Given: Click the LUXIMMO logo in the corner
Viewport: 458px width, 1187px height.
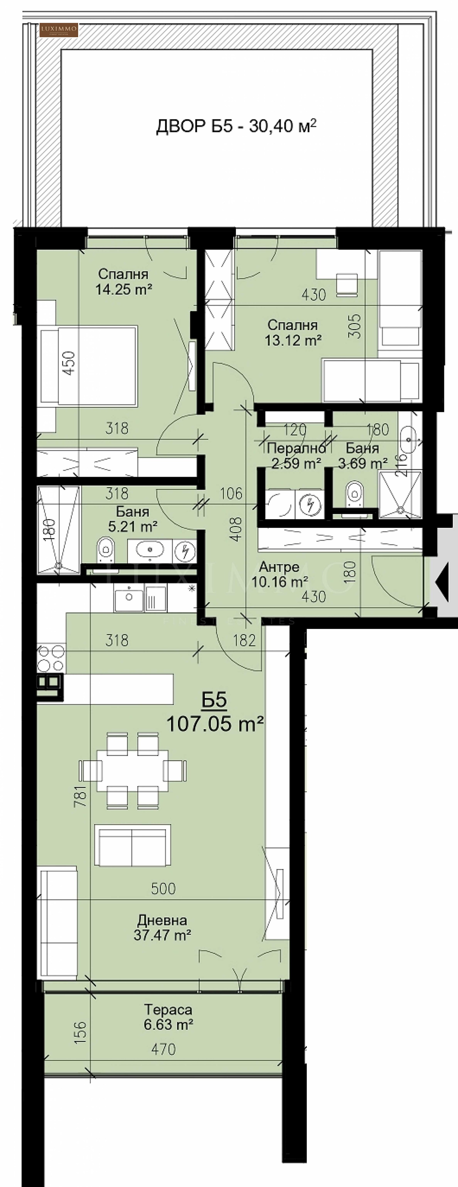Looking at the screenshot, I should pos(59,30).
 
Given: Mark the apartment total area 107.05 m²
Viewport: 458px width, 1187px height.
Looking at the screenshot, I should pos(215,724).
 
